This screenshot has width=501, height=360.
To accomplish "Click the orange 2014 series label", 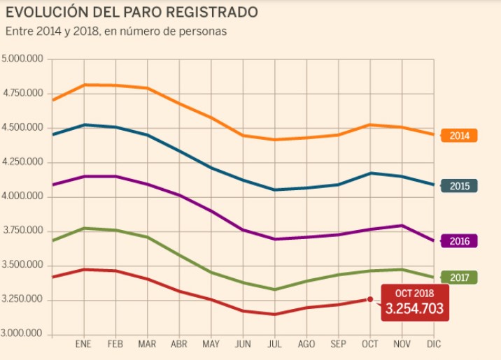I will coord(460,136).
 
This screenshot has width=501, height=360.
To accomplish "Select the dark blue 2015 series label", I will coord(460,186).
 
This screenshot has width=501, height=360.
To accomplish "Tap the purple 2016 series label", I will coord(460,240).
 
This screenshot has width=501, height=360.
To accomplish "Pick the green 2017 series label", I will coord(460,278).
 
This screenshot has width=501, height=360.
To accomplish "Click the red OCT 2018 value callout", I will coord(415,303).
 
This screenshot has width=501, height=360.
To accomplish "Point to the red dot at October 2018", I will coord(370,299).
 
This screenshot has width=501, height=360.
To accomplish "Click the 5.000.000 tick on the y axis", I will coord(22,59).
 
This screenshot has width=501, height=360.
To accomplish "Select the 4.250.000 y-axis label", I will coord(22,162).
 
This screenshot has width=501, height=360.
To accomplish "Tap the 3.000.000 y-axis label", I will coord(22,335).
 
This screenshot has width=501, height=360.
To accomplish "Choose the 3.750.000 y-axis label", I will coord(22,231).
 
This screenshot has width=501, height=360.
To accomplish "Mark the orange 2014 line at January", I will coord(84,85).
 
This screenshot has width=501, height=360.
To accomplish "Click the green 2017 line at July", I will coord(275,289).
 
